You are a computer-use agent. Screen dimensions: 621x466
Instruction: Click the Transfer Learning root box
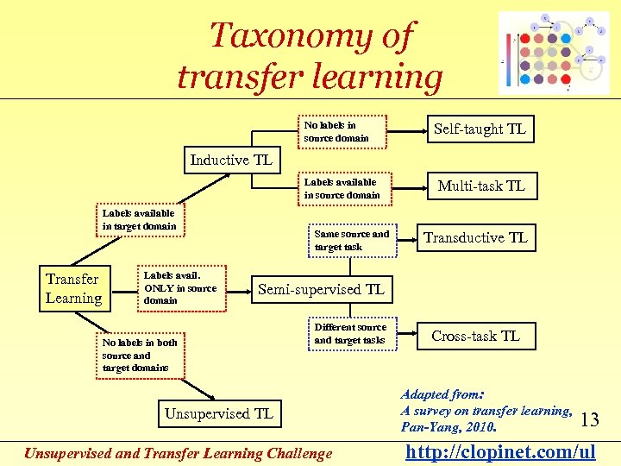[x=73, y=288]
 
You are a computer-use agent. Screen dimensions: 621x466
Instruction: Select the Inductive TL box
[x=231, y=160]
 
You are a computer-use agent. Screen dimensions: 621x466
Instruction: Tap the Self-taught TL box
[x=480, y=129]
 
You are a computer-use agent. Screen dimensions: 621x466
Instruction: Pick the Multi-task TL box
[x=480, y=186]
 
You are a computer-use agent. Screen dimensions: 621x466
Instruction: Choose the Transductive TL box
[x=474, y=238]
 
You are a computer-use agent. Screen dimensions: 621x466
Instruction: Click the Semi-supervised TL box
[x=321, y=289]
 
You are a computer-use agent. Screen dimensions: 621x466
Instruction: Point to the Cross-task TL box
[x=475, y=336]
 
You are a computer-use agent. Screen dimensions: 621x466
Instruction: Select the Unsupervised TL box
[x=219, y=413]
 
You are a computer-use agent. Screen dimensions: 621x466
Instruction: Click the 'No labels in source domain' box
[x=344, y=131]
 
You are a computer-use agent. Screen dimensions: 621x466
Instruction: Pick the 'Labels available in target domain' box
[x=139, y=219]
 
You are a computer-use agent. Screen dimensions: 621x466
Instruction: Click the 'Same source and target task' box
[x=352, y=240]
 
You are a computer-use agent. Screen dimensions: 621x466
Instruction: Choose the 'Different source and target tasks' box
[x=352, y=333]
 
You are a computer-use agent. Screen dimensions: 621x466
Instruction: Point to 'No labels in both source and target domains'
[x=138, y=355]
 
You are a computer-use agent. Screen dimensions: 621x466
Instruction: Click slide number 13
[x=590, y=420]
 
